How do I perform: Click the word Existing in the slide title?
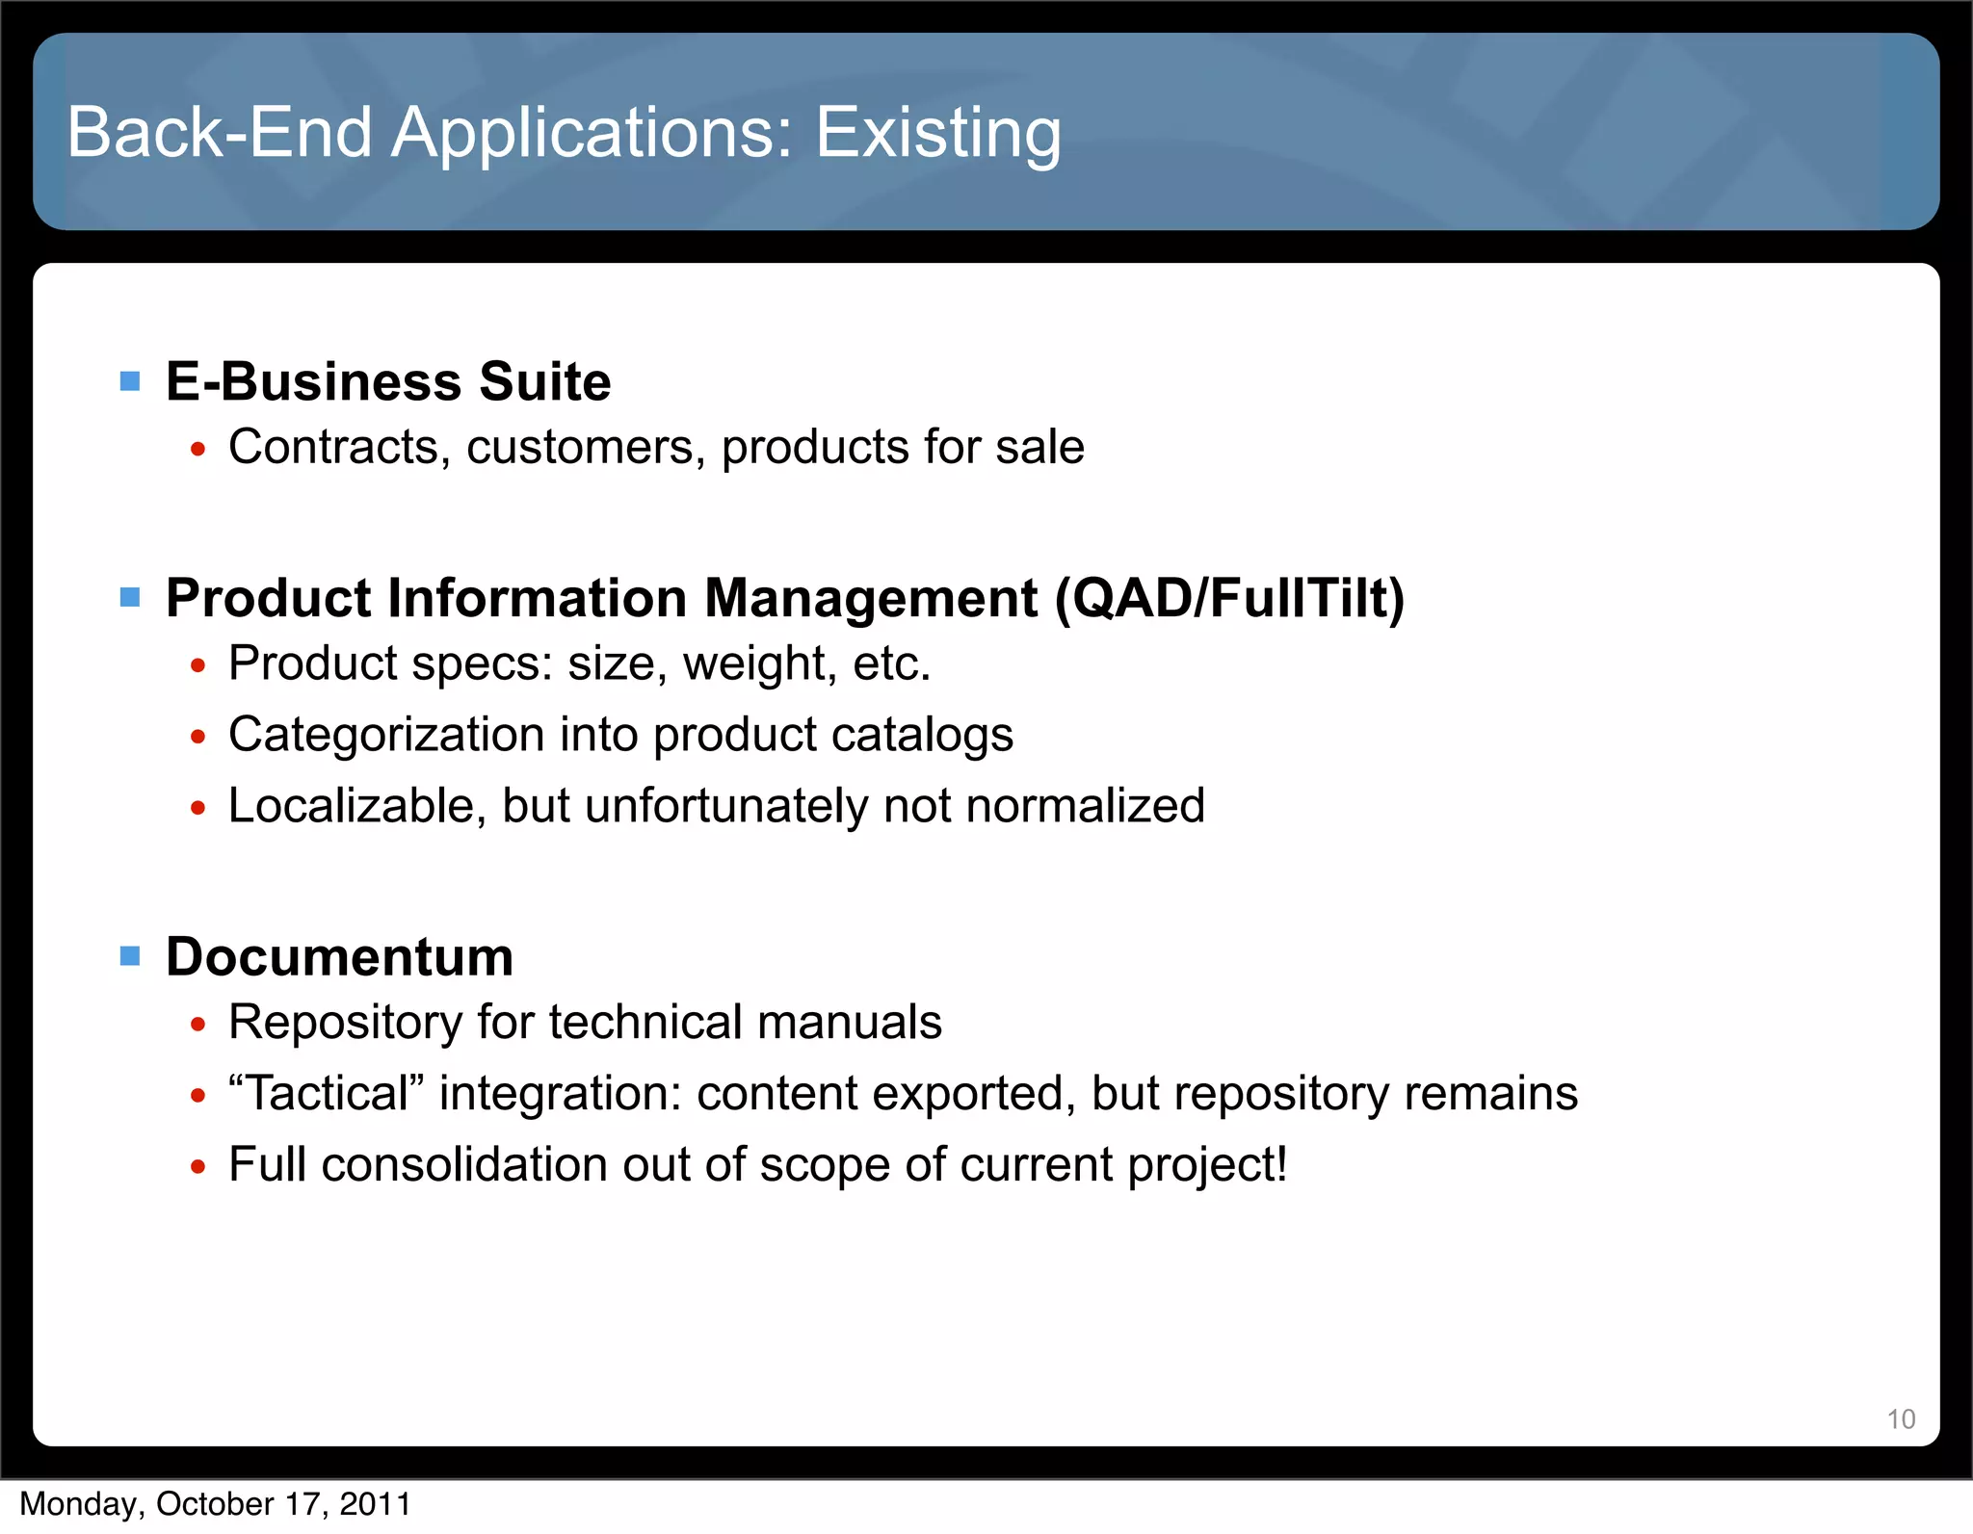click(938, 133)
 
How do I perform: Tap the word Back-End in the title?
click(220, 133)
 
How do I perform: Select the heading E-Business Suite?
click(388, 381)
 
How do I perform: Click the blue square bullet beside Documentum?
click(130, 956)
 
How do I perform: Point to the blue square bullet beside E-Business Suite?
click(130, 381)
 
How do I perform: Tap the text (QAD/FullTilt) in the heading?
click(1230, 598)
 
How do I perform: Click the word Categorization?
click(386, 735)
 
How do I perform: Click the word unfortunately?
click(726, 806)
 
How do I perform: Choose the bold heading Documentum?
click(339, 957)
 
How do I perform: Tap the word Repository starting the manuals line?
click(345, 1023)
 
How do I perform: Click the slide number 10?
click(1901, 1419)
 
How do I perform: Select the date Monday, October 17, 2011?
click(216, 1504)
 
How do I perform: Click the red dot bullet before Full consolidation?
click(198, 1167)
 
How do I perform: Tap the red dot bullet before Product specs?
click(198, 665)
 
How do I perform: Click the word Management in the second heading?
click(871, 598)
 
